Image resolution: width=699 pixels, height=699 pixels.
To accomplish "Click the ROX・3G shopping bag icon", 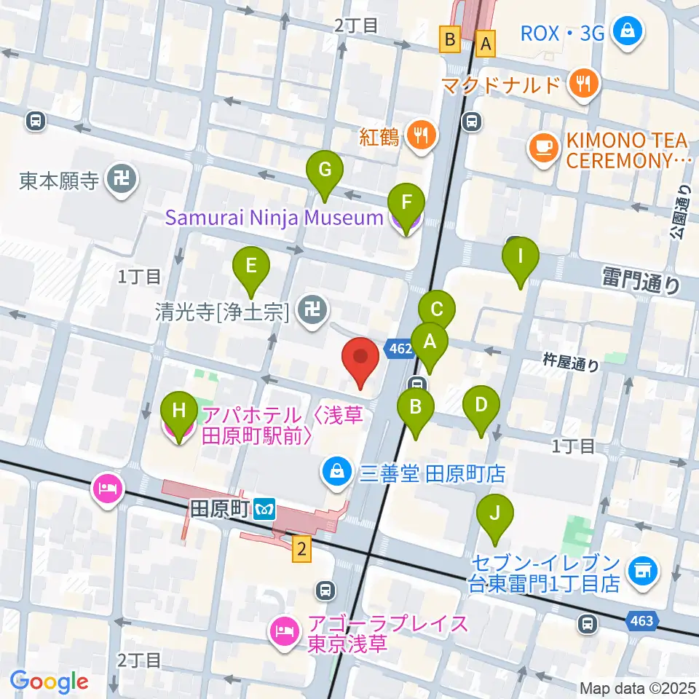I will pos(625,32).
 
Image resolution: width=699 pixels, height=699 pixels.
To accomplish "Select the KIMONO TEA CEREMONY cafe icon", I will pos(542,149).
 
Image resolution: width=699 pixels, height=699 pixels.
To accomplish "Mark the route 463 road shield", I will pos(642,620).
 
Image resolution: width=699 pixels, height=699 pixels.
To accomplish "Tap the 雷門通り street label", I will pos(640,280).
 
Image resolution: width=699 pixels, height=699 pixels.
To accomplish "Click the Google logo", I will pos(50,682).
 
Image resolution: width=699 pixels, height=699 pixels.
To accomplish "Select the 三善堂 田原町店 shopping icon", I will pos(336,474).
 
